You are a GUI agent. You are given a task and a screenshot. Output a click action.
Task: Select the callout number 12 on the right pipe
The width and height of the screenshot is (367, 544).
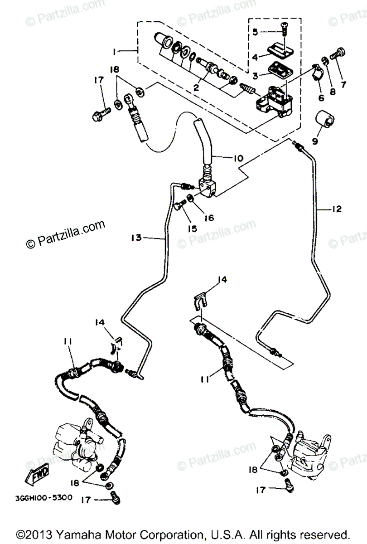click(x=336, y=209)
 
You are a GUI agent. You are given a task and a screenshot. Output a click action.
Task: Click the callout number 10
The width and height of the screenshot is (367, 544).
click(x=238, y=159)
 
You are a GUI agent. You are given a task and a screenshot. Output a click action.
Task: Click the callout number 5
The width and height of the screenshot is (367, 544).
click(x=255, y=32)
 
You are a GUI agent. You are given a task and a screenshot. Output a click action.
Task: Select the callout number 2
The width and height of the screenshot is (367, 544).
click(x=197, y=88)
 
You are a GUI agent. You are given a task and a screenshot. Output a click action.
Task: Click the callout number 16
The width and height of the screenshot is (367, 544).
click(x=209, y=218)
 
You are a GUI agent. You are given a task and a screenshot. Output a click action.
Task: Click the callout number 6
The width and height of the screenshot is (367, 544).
click(x=321, y=98)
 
